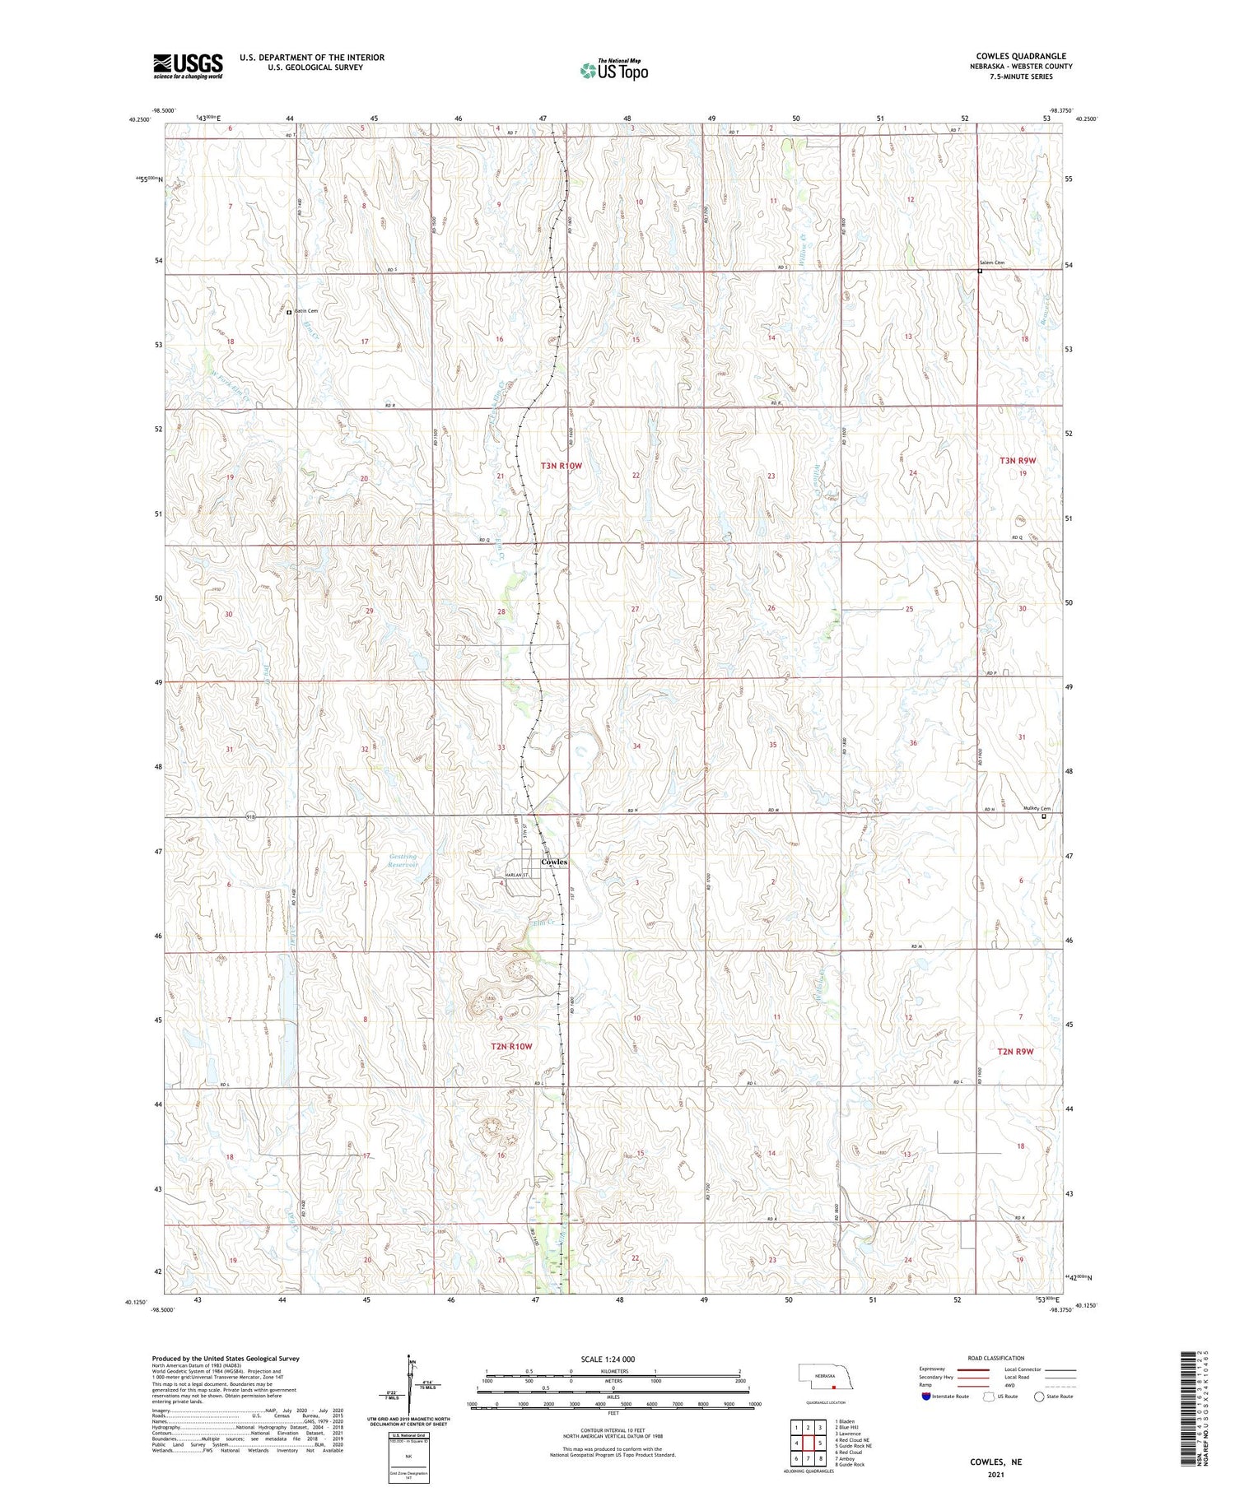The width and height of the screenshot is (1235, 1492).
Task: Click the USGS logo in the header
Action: [188, 66]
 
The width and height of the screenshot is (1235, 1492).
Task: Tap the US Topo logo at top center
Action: [613, 71]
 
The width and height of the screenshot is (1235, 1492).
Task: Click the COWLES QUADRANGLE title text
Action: [1020, 56]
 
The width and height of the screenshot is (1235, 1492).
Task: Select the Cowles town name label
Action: [553, 862]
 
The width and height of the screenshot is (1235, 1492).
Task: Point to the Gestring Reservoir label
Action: [403, 861]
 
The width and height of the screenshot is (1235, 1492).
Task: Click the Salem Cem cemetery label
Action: [992, 263]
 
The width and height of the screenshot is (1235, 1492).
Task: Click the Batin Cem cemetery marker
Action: [289, 313]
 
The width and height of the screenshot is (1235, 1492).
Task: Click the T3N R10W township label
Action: [561, 466]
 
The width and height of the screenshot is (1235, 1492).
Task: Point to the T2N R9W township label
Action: [1015, 1051]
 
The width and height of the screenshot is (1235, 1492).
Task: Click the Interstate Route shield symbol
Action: [925, 1396]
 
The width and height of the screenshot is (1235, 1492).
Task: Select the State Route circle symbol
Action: [1039, 1396]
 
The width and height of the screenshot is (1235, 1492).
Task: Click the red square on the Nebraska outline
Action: [833, 1385]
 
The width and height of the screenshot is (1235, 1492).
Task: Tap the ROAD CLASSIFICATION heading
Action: [996, 1358]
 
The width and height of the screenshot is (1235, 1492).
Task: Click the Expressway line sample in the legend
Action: [972, 1369]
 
